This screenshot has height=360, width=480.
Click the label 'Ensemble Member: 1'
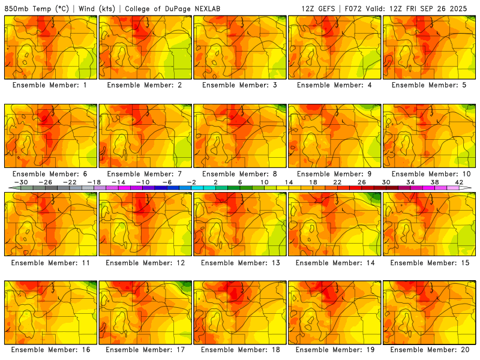[50, 85]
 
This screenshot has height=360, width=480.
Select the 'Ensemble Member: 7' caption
[145, 173]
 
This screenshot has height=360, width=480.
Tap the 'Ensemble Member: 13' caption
[240, 262]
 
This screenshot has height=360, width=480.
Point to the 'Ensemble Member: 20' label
[430, 350]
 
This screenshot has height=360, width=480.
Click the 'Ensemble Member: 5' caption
[430, 85]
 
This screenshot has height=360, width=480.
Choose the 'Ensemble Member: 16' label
[50, 350]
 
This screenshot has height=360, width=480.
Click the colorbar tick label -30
[21, 182]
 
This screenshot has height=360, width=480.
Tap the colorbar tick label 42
[459, 182]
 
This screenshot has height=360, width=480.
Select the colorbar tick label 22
[337, 182]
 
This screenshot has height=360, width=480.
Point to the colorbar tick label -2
[191, 182]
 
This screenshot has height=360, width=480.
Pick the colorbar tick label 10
[264, 182]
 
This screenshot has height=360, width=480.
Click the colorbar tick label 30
[386, 182]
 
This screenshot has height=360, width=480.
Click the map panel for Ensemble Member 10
[429, 135]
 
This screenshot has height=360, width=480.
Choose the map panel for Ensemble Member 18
[240, 311]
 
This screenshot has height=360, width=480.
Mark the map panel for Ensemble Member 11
[50, 223]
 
